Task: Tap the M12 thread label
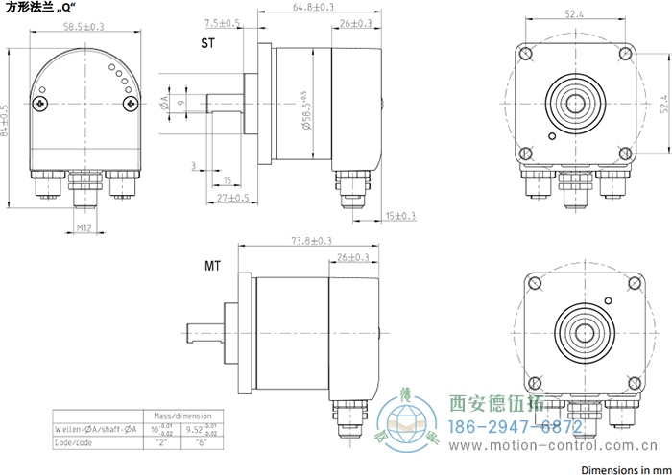pos(84,227)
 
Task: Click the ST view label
pos(207,44)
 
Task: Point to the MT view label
pos(213,264)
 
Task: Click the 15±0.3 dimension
pos(399,216)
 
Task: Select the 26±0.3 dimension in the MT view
pos(353,257)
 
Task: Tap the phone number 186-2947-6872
pos(516,425)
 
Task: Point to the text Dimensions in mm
pos(625,469)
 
